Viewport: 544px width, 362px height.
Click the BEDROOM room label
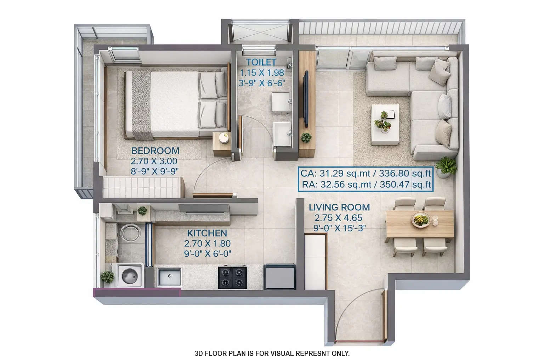pos(155,151)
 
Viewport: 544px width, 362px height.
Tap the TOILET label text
pos(261,62)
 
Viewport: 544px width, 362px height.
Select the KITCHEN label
pos(207,233)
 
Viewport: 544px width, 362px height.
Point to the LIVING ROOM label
pos(339,208)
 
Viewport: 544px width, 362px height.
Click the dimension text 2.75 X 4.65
pos(338,218)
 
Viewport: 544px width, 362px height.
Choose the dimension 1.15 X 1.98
pos(262,73)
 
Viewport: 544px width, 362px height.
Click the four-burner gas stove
pos(232,277)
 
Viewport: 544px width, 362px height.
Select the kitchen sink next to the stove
pos(169,277)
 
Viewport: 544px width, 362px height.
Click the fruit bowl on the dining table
pos(421,220)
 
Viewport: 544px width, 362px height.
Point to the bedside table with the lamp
pos(222,144)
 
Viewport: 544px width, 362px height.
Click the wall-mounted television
pos(306,99)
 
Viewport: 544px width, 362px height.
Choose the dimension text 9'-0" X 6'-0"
pos(207,253)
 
